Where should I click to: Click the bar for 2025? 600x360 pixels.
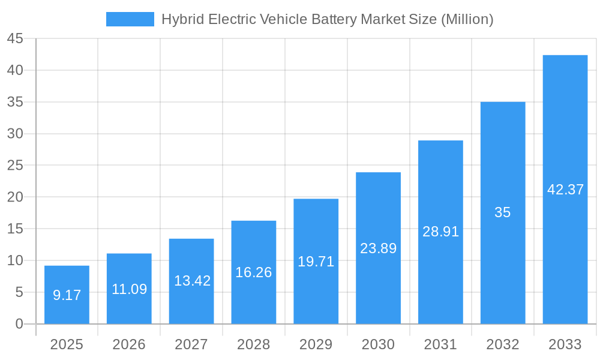(67, 295)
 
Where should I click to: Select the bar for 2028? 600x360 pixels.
(254, 272)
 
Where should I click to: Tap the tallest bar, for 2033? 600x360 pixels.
(565, 190)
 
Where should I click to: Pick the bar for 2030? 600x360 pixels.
(378, 248)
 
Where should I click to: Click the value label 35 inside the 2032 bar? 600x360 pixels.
(503, 212)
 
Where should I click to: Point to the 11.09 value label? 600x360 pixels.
(129, 289)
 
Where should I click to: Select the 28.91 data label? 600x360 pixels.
(440, 232)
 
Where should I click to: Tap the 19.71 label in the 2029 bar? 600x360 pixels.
(316, 262)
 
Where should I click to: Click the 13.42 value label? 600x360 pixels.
(192, 281)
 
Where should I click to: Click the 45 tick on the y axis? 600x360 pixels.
(15, 39)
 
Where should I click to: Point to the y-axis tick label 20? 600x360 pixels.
(15, 197)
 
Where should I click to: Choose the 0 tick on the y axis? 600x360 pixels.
(19, 324)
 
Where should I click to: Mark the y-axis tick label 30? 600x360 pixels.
(15, 134)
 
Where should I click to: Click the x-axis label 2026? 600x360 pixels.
(129, 344)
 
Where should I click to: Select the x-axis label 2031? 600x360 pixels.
(440, 344)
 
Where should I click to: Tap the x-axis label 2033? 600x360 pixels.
(565, 344)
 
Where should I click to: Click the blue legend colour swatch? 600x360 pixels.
(130, 19)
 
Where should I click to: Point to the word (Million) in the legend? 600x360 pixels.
(467, 19)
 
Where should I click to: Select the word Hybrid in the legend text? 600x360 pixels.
(182, 19)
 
